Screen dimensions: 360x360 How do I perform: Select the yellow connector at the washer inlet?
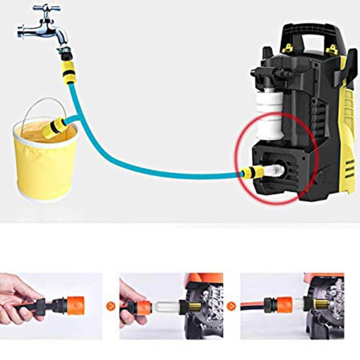coord(253,173)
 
